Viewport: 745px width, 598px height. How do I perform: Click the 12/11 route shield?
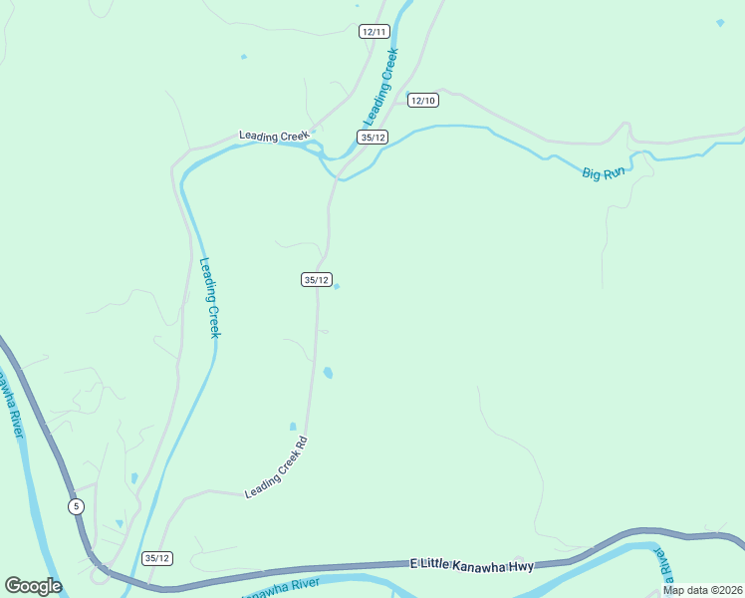pyautogui.click(x=373, y=32)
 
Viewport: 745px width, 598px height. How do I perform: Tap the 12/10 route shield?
pyautogui.click(x=423, y=100)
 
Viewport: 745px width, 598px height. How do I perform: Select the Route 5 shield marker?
pyautogui.click(x=77, y=506)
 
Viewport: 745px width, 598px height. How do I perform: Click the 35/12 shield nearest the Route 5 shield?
pyautogui.click(x=157, y=558)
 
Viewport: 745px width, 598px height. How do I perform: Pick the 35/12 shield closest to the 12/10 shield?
pyautogui.click(x=372, y=138)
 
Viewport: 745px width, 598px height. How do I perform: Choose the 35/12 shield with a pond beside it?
pyautogui.click(x=316, y=280)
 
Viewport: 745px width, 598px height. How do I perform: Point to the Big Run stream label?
pyautogui.click(x=604, y=172)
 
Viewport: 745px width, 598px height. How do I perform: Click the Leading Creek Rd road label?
pyautogui.click(x=276, y=467)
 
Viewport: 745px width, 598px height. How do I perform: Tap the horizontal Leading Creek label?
pyautogui.click(x=274, y=136)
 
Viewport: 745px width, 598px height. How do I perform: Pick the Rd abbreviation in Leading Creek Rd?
pyautogui.click(x=302, y=442)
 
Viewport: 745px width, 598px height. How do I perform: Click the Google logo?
pyautogui.click(x=33, y=586)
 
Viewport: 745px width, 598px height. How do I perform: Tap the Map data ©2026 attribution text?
pyautogui.click(x=701, y=590)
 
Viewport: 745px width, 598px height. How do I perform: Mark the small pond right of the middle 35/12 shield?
pyautogui.click(x=337, y=287)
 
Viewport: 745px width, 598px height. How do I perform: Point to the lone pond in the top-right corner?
pyautogui.click(x=720, y=22)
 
